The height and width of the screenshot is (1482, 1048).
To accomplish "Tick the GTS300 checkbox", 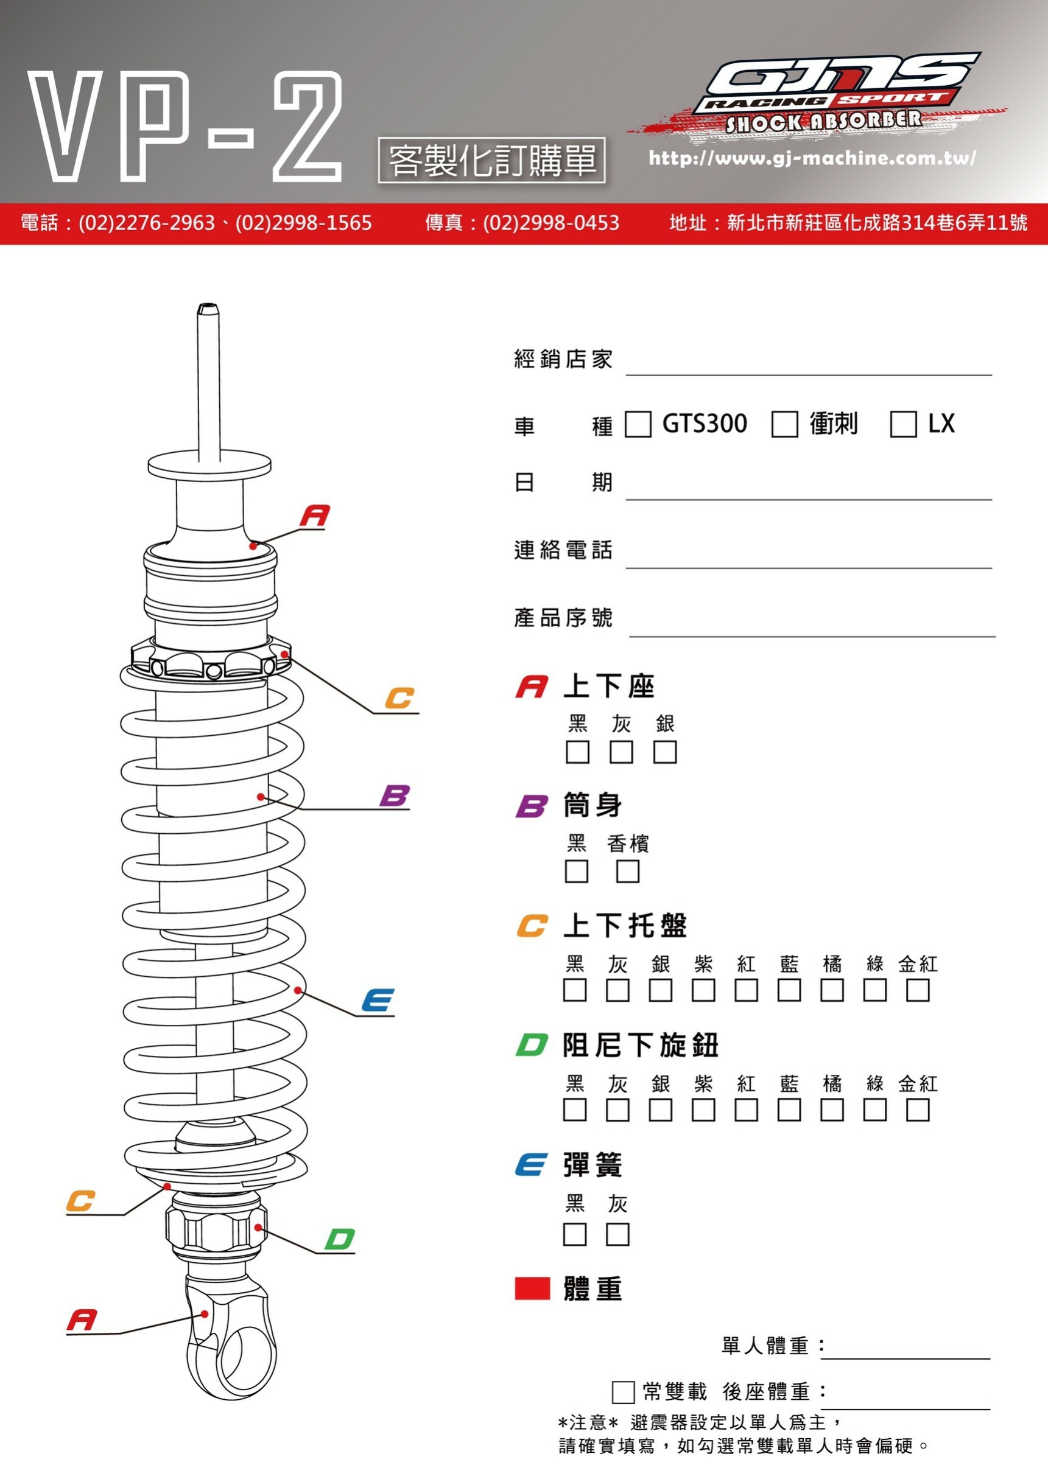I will pos(638,425).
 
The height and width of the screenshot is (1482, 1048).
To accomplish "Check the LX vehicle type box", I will pos(902,425).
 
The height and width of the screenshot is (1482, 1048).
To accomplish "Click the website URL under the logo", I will pos(812,158).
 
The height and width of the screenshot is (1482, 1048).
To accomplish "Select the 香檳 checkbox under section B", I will pos(628,872).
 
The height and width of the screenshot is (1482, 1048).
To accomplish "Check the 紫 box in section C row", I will pos(703,990).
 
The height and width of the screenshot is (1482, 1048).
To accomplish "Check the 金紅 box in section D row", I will pos(918,1110).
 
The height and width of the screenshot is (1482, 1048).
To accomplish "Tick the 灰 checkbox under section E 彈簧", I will pos(617,1234).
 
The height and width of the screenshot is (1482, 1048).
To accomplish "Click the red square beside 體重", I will pos(532,1288).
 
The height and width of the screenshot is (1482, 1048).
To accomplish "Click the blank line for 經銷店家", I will pos(808,365).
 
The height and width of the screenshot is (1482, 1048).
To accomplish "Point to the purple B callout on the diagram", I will pos(395,795).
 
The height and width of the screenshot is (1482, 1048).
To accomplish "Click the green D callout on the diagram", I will pos(340,1239).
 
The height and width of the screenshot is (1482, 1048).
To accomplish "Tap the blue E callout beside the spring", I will pos(378,1001).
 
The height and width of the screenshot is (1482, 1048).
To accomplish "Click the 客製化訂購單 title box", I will pos(491,160).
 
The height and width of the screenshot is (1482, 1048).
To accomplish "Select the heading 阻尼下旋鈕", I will pos(640,1045).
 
